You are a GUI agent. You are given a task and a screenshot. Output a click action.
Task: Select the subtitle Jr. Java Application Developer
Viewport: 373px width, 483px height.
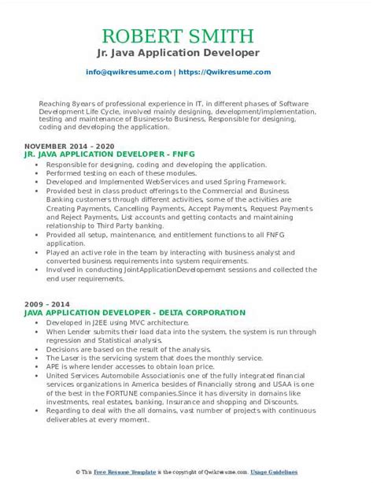click(186, 53)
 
